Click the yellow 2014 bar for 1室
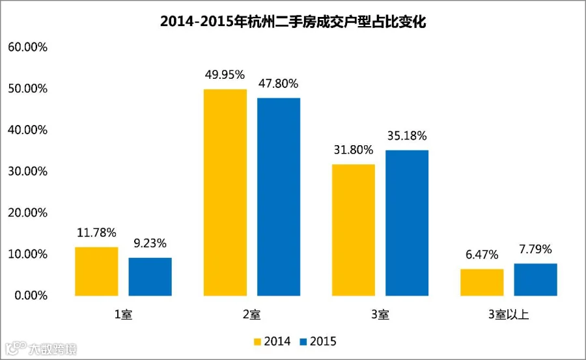96,271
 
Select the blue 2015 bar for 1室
150,277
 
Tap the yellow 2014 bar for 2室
225,193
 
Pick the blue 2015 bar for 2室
279,197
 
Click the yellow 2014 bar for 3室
354,230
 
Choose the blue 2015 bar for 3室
407,223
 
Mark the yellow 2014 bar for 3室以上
482,283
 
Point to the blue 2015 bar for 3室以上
536,280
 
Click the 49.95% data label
225,75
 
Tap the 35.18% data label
407,135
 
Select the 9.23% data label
150,243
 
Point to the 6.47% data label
482,255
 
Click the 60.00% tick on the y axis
27,47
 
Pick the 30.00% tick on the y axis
27,171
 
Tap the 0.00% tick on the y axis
31,296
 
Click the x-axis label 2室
251,314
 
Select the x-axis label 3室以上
509,314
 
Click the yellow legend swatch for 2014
257,342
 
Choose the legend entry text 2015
323,341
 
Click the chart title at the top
293,21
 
